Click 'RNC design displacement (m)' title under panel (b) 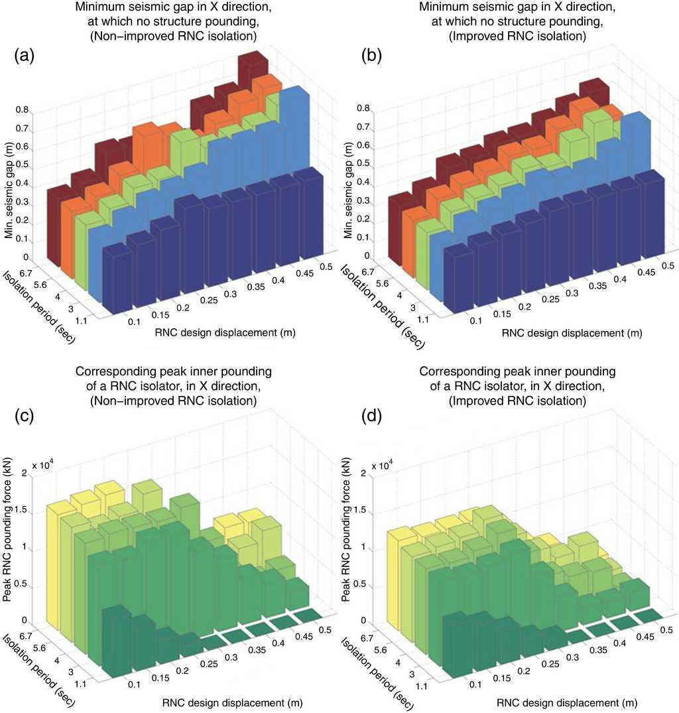[572, 332]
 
